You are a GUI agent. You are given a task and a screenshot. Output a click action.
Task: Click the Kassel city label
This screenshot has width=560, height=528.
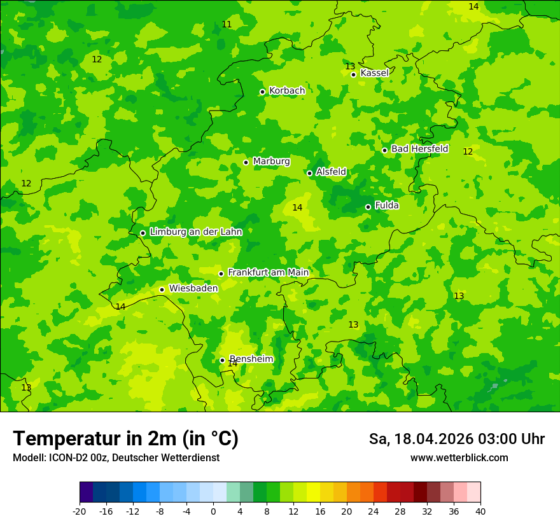[374, 73]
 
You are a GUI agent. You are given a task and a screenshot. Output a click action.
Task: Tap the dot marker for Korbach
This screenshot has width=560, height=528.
[262, 92]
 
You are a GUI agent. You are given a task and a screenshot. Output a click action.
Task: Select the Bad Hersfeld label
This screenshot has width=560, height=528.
[419, 149]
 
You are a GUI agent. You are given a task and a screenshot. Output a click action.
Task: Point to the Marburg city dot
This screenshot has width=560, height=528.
[246, 162]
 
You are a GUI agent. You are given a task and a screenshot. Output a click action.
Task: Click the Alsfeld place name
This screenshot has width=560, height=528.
[331, 172]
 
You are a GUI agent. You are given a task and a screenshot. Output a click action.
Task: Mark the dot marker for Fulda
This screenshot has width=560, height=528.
[368, 207]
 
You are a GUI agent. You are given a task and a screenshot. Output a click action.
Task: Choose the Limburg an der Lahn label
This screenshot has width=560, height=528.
[195, 232]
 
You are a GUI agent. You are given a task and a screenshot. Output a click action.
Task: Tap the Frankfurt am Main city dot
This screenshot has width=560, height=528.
[221, 274]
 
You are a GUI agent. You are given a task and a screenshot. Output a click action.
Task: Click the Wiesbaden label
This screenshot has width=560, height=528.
[193, 288]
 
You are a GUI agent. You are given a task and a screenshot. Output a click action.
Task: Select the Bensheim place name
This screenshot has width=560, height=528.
[251, 359]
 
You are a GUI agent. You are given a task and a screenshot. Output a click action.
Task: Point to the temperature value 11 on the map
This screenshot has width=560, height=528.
[227, 24]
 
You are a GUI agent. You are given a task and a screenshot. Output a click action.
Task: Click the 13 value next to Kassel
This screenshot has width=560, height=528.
[350, 66]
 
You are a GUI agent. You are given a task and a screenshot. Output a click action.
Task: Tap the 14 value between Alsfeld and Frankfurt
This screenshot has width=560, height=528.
[297, 207]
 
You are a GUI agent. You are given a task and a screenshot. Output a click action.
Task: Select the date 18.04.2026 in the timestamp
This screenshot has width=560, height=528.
[433, 439]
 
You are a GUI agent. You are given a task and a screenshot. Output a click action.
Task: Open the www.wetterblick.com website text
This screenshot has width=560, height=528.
[459, 457]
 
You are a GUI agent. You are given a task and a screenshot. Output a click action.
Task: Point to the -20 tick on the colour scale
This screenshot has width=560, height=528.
[79, 511]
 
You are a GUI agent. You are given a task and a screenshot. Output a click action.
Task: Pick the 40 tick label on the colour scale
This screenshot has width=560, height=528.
[480, 511]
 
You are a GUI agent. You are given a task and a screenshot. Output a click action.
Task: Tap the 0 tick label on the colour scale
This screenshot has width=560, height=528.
[213, 511]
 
